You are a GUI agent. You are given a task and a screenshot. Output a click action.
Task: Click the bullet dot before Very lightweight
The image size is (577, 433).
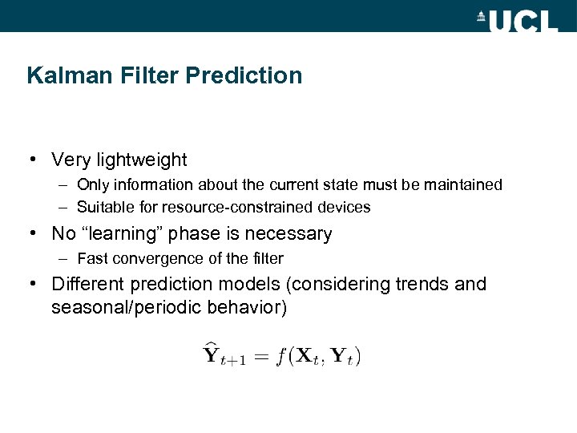tap(31, 160)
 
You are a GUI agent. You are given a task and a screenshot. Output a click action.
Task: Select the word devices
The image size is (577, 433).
tap(345, 208)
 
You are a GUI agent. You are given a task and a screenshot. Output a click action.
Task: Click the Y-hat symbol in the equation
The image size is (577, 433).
tap(212, 354)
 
